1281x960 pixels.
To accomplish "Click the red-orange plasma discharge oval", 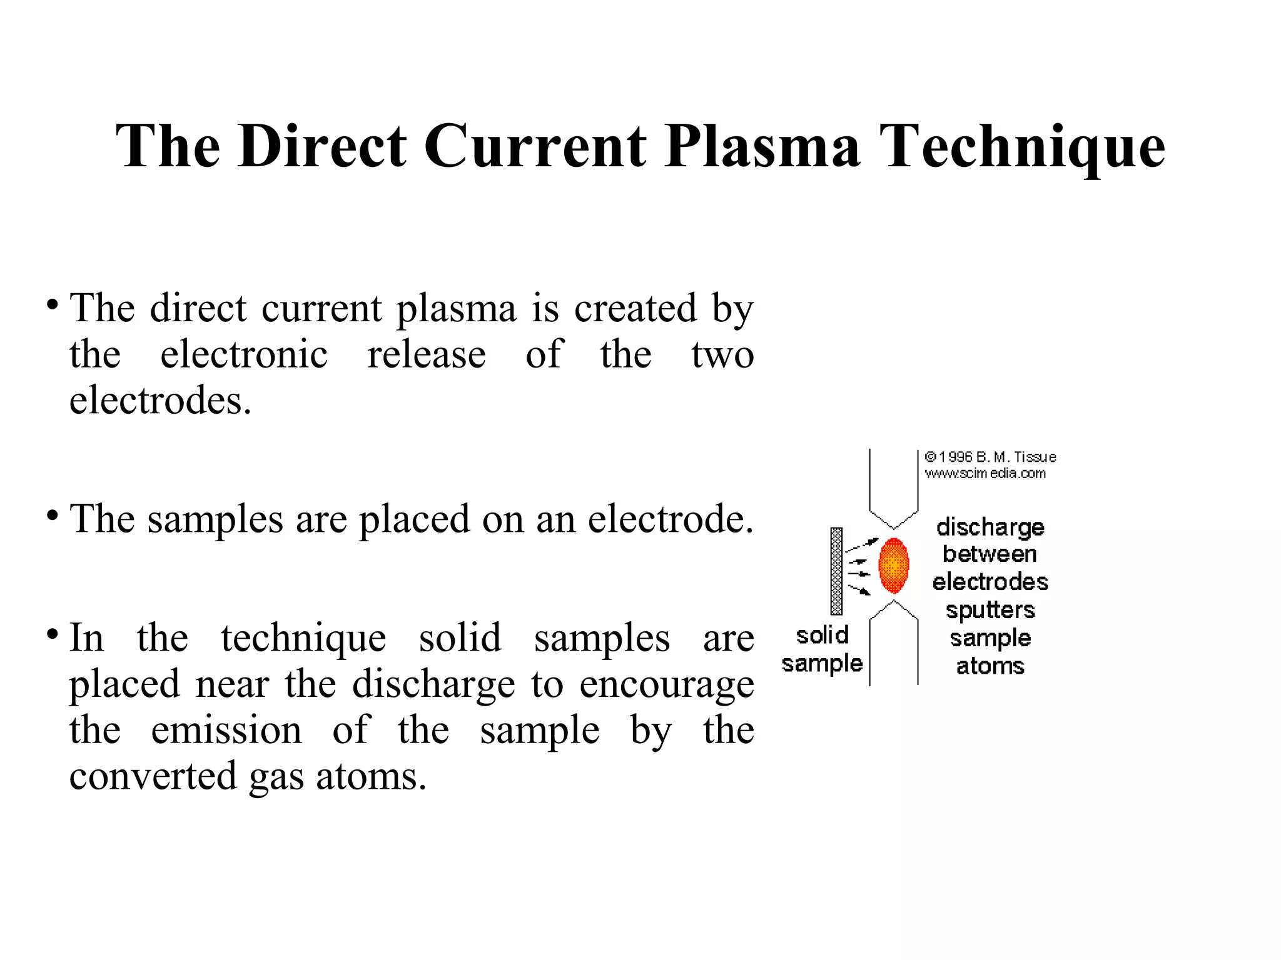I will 894,566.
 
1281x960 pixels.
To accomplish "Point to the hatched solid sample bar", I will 836,571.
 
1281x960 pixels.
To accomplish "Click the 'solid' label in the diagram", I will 822,636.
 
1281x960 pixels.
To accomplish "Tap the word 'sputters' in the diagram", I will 990,610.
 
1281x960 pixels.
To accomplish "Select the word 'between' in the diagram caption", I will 990,554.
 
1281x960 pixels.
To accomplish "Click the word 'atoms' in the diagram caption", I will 990,666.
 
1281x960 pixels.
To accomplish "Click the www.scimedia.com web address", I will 985,474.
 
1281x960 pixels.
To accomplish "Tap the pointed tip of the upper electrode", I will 894,528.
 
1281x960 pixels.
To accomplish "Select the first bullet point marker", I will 53,306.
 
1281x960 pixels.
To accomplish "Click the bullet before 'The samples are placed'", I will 53,516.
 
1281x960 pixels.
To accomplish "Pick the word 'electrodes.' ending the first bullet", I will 160,400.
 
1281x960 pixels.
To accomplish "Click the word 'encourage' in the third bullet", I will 666,684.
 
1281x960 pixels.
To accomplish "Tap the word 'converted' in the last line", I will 153,776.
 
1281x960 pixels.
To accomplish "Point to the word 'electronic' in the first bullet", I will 244,354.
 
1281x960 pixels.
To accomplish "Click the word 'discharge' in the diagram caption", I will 990,527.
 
